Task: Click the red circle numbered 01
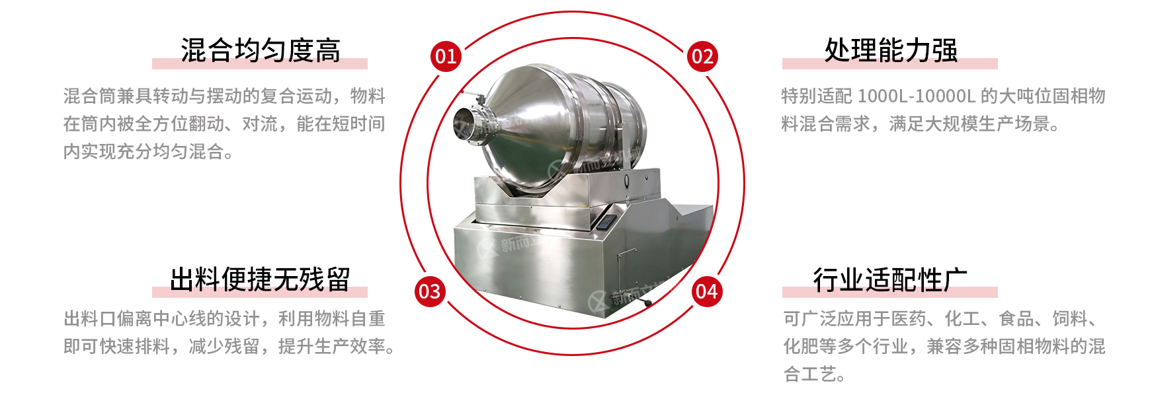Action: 446,56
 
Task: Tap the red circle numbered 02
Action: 702,56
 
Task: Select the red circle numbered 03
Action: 429,291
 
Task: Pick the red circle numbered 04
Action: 706,291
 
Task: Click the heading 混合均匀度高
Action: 261,51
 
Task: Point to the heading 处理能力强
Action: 890,51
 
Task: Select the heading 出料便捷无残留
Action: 260,279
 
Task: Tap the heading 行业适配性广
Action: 890,279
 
